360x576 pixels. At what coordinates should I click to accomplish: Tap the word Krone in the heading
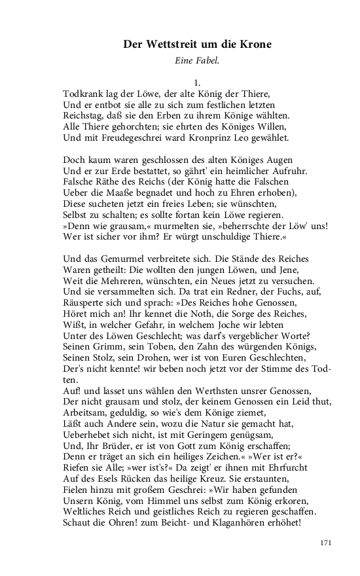tap(254, 45)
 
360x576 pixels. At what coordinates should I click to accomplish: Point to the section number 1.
tap(196, 81)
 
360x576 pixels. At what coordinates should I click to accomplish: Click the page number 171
tap(327, 543)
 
